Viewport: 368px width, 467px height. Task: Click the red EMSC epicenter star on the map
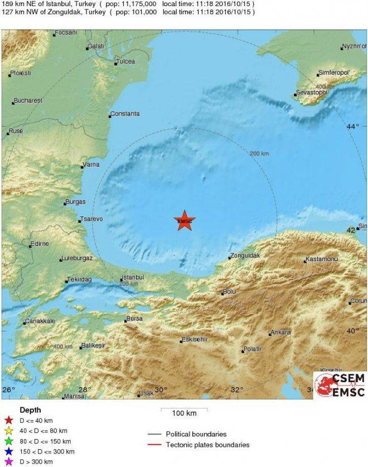(185, 221)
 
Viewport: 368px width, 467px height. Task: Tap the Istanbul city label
(133, 277)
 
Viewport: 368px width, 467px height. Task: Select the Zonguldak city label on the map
(246, 256)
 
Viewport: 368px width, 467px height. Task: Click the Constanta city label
(125, 114)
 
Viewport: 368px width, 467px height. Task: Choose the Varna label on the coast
(90, 165)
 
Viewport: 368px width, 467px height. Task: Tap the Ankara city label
(280, 333)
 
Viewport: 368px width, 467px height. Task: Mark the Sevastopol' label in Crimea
(313, 92)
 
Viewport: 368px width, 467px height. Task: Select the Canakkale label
(41, 322)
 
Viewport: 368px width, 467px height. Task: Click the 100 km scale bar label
(184, 413)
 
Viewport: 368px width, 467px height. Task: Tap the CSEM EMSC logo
(340, 385)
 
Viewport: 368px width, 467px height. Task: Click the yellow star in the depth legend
(8, 431)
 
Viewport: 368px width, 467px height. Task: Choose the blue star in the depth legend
(8, 451)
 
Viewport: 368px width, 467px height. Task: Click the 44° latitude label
(352, 127)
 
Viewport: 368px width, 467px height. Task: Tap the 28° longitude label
(84, 389)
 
